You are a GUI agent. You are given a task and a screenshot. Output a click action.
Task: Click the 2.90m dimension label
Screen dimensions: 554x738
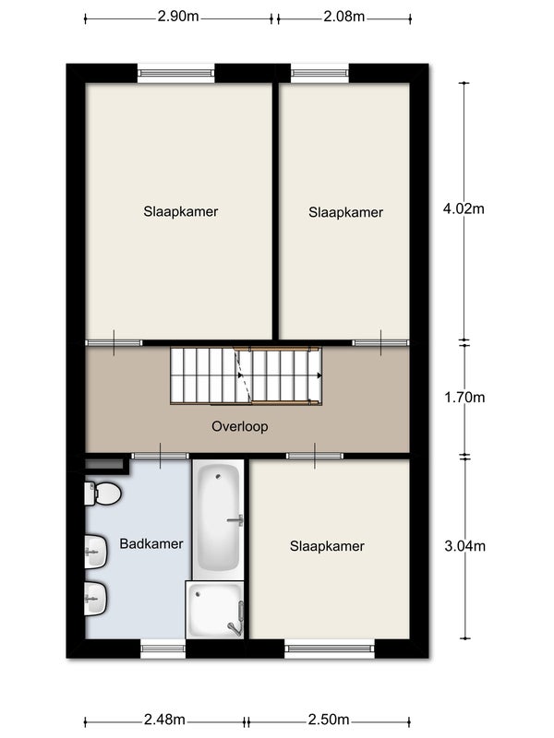tap(178, 17)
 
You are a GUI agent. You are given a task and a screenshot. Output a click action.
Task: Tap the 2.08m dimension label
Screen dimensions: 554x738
tap(343, 17)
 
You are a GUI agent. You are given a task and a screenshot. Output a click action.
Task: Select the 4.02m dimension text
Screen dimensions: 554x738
tap(464, 208)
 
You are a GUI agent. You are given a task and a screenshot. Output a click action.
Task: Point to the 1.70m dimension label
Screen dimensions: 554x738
tap(464, 398)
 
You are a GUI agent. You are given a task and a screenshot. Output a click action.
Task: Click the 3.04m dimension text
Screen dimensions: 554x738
tap(465, 546)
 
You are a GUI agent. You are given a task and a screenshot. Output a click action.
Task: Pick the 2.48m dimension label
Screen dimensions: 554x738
tap(164, 720)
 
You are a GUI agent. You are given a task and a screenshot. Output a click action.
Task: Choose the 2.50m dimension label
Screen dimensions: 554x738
tap(329, 720)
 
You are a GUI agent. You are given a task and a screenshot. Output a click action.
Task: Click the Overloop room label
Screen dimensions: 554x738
tap(240, 426)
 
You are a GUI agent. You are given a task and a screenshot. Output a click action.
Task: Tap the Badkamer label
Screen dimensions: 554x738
tap(151, 544)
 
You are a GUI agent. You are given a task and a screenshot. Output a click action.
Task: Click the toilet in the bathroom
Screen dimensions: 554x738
tap(102, 494)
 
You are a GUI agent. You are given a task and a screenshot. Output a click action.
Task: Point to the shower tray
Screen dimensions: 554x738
tap(215, 610)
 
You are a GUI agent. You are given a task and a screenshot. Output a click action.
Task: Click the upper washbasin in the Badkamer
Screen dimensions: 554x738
tap(96, 551)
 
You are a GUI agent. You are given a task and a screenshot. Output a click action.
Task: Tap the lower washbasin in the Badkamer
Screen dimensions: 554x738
tap(96, 598)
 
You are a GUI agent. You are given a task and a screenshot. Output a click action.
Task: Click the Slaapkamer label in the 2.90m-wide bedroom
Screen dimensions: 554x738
tap(181, 212)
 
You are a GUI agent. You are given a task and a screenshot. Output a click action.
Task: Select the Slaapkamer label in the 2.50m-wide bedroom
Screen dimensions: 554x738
tap(327, 546)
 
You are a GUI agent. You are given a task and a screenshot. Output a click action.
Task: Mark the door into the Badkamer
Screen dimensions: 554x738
tap(160, 456)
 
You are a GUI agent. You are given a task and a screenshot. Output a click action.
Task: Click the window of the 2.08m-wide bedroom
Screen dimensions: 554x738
tap(319, 73)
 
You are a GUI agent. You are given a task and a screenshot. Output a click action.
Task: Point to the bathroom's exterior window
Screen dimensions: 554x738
tap(163, 649)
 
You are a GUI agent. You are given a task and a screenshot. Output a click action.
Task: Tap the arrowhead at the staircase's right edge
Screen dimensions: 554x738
tap(319, 375)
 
